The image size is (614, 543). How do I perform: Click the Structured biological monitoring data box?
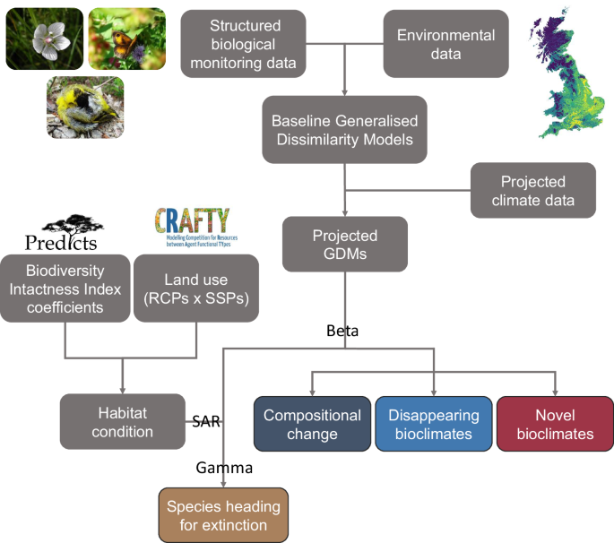pos(245,44)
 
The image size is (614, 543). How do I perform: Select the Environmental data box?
pos(445,44)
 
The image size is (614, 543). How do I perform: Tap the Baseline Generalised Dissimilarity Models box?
pos(345,130)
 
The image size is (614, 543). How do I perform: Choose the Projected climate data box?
pos(532,190)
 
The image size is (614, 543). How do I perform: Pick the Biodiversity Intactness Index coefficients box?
pos(65,288)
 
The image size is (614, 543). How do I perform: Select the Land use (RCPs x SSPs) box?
pos(196,288)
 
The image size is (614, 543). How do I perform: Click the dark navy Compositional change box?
pos(312,424)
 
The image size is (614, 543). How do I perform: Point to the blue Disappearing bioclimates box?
pos(433,424)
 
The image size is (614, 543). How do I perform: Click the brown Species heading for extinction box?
pos(223,515)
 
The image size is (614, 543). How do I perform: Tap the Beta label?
pos(342,331)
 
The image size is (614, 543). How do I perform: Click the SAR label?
pos(207,420)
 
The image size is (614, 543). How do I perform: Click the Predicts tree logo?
pos(61,231)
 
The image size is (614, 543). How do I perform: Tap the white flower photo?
pos(44,38)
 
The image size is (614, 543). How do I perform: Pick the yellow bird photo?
pos(85,108)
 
